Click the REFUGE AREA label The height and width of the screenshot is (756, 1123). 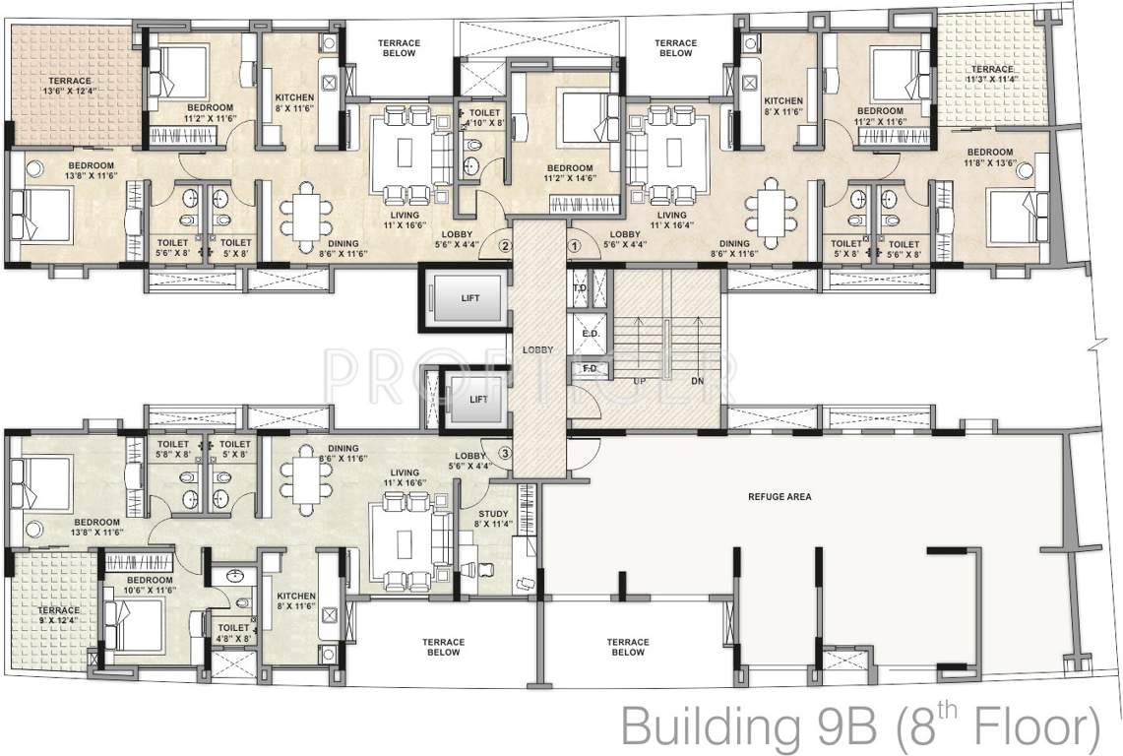tap(779, 497)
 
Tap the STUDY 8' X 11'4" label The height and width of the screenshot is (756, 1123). tap(492, 518)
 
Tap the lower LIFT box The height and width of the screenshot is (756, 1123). tap(476, 400)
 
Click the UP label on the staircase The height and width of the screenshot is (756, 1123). tap(640, 379)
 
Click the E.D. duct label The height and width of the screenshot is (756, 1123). tap(591, 333)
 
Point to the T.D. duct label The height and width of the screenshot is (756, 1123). tap(580, 287)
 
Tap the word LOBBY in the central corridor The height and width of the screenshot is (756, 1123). tap(537, 349)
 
